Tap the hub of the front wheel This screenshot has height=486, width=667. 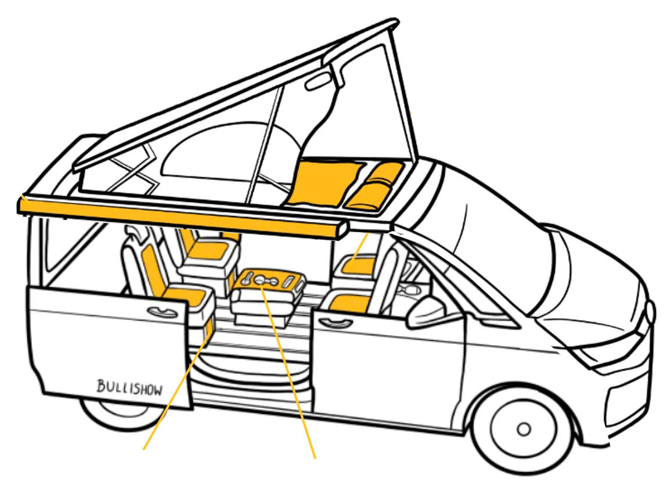click(524, 429)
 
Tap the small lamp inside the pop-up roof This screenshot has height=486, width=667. click(316, 81)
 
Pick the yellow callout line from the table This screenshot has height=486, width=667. click(290, 372)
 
